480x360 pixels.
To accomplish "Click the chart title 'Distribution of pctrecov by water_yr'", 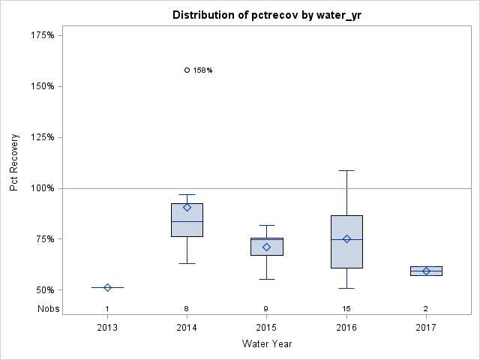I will coord(266,15).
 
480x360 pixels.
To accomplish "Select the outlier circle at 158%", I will coord(187,70).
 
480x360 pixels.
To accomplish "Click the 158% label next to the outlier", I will coord(202,70).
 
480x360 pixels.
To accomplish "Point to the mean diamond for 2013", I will coord(107,287).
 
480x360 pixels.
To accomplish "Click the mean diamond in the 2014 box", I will coord(187,208).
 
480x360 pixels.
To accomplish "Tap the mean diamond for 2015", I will coord(266,247).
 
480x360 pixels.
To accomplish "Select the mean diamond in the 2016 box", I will coord(346,238).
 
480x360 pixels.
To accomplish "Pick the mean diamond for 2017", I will coord(426,271).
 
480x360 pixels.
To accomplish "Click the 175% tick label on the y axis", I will coord(42,35).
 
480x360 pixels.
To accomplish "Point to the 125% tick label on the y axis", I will coord(42,137).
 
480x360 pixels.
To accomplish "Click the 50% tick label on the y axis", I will coord(44,290).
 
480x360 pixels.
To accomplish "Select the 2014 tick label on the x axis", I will coord(187,328).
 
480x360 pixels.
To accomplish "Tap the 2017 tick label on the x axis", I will coord(426,328).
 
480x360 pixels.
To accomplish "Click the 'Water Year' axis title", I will coord(266,344).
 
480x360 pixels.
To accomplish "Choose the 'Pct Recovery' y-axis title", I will coord(14,163).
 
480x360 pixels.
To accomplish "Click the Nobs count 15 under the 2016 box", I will coord(346,308).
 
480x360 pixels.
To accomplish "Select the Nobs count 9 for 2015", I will coord(266,308).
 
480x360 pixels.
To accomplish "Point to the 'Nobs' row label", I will coord(48,308).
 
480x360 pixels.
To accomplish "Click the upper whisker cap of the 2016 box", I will coord(346,170).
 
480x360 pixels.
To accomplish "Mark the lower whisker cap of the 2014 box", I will coord(187,263).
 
